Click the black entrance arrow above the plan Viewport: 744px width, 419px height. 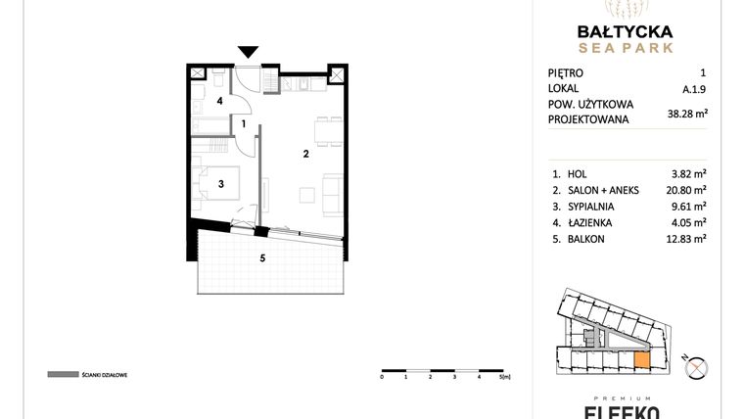tap(249, 53)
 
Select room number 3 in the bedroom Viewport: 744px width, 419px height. tap(221, 183)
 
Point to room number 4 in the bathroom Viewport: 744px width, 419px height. tap(220, 100)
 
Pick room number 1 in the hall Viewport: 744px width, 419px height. tap(244, 123)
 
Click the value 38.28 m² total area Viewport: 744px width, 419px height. tap(687, 113)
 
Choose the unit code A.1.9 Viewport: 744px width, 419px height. tap(694, 88)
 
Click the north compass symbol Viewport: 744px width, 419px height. tap(697, 368)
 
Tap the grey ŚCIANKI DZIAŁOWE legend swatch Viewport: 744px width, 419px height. tap(62, 374)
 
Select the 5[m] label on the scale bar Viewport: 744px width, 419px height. tap(505, 376)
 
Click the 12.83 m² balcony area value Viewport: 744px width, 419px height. tap(687, 239)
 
